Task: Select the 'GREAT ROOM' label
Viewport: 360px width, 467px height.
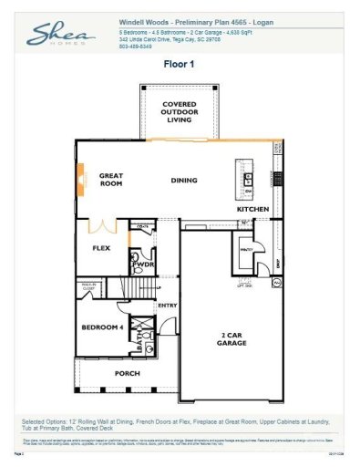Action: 111,179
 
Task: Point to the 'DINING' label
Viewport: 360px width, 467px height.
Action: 183,180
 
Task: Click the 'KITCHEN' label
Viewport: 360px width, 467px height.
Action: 252,209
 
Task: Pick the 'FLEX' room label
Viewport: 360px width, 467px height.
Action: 102,246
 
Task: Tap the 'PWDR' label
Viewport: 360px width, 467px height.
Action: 144,265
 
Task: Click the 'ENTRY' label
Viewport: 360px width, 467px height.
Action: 167,305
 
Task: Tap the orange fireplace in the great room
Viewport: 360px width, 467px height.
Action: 81,174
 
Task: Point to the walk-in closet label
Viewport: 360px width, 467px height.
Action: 89,288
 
